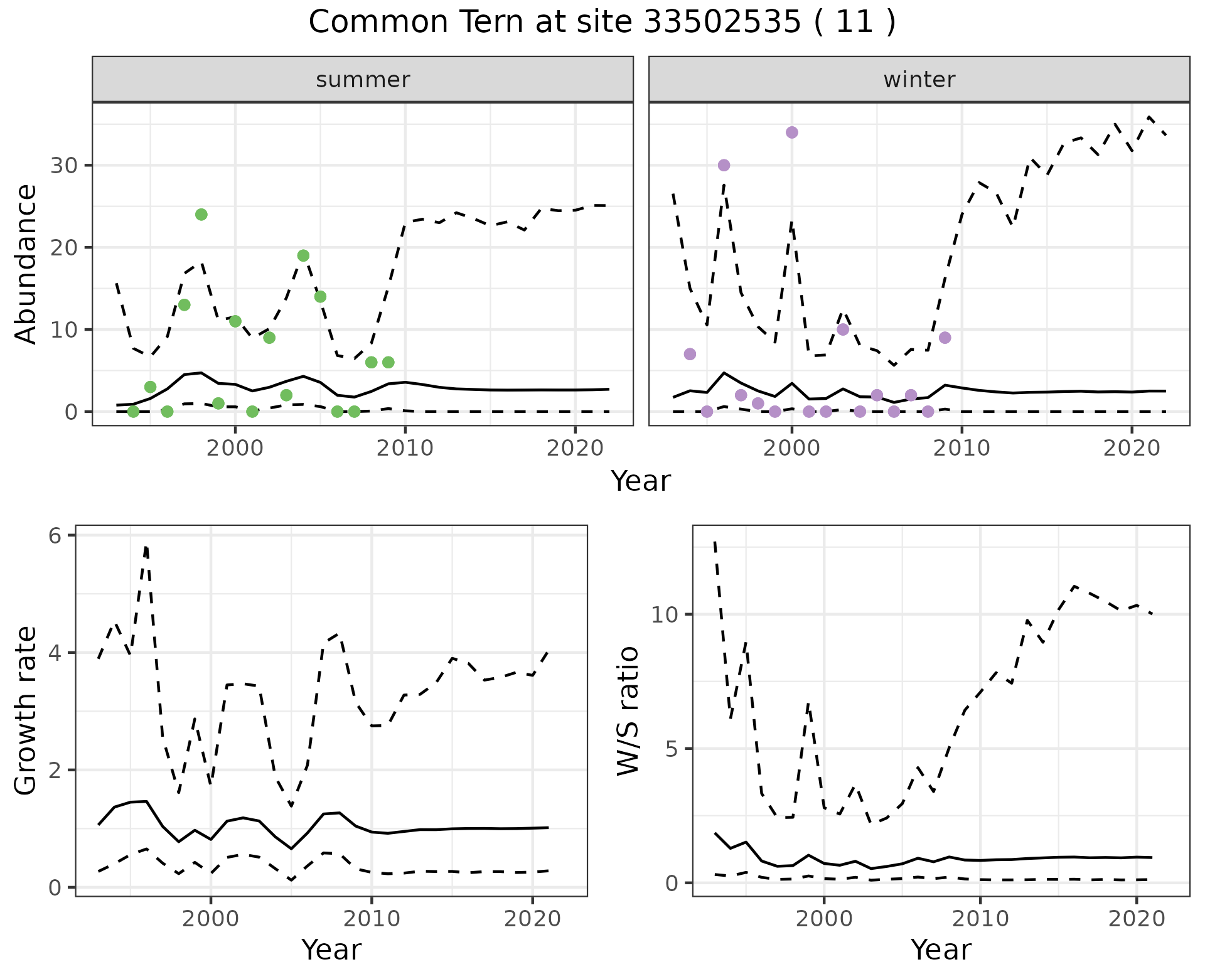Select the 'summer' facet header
pyautogui.click(x=363, y=80)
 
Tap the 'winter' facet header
pyautogui.click(x=919, y=80)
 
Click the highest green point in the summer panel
pyautogui.click(x=201, y=215)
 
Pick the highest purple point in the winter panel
pyautogui.click(x=792, y=132)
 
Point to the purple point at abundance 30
pyautogui.click(x=724, y=165)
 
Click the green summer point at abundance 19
pyautogui.click(x=303, y=255)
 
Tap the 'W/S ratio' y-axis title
pyautogui.click(x=628, y=711)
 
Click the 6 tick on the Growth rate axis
pyautogui.click(x=55, y=535)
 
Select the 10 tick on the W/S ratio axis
pyautogui.click(x=666, y=614)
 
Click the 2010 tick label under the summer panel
pyautogui.click(x=405, y=449)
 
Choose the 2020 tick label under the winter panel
pyautogui.click(x=1132, y=449)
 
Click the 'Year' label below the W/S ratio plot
pyautogui.click(x=941, y=950)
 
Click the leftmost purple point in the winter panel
pyautogui.click(x=690, y=354)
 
